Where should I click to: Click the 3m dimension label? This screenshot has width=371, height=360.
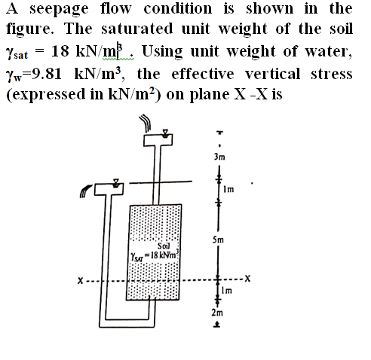pyautogui.click(x=219, y=157)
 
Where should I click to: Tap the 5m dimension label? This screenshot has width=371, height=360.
pyautogui.click(x=218, y=240)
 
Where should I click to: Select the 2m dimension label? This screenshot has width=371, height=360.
pyautogui.click(x=217, y=313)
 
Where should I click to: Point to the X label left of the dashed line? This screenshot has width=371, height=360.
pyautogui.click(x=80, y=280)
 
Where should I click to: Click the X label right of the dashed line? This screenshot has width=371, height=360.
pyautogui.click(x=248, y=278)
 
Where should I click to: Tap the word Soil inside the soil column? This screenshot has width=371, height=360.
pyautogui.click(x=164, y=246)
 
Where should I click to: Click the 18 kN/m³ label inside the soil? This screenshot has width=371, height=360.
pyautogui.click(x=164, y=255)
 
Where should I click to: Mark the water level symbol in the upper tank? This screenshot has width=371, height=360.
pyautogui.click(x=165, y=133)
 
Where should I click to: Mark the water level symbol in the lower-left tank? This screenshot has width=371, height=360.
pyautogui.click(x=115, y=183)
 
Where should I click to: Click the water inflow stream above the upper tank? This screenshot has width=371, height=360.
pyautogui.click(x=146, y=123)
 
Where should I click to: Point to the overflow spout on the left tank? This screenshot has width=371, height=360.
pyautogui.click(x=85, y=191)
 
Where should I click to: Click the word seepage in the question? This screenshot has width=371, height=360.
pyautogui.click(x=59, y=10)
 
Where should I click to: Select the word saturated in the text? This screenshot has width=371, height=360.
pyautogui.click(x=137, y=29)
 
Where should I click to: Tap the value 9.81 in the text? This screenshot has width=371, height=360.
pyautogui.click(x=48, y=74)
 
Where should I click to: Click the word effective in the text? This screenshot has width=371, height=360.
pyautogui.click(x=203, y=74)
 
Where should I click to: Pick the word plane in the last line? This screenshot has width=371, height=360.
pyautogui.click(x=209, y=95)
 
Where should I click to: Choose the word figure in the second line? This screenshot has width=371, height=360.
pyautogui.click(x=28, y=29)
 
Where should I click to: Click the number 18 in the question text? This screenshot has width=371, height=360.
pyautogui.click(x=60, y=51)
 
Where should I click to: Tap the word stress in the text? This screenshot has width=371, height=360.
pyautogui.click(x=332, y=74)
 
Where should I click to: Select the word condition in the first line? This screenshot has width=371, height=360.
pyautogui.click(x=178, y=8)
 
